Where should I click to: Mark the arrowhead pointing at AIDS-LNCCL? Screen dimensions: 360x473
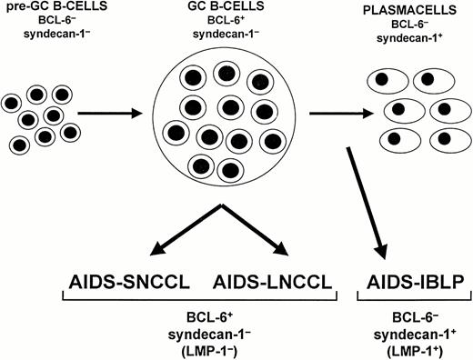click(x=282, y=249)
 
